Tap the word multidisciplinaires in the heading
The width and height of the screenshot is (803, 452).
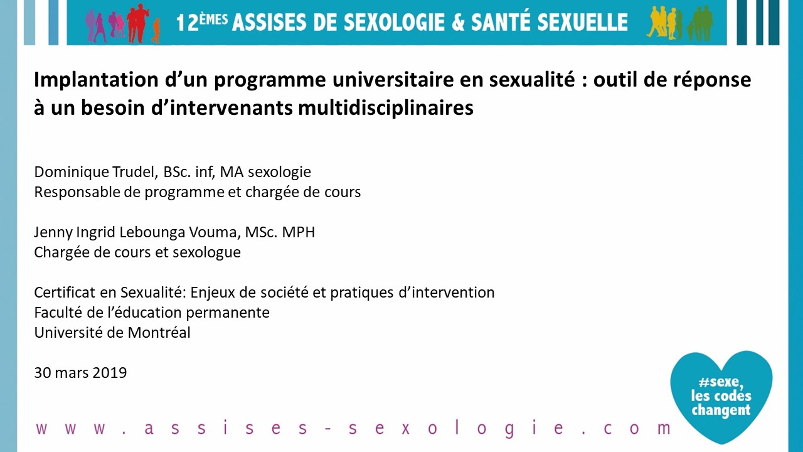point(386,107)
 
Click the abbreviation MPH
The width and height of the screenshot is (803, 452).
point(298,232)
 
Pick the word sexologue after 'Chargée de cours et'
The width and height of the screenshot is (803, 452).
point(207,252)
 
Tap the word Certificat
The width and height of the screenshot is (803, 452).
point(65,293)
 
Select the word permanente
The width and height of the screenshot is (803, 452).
point(228,313)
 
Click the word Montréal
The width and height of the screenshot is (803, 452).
point(159,333)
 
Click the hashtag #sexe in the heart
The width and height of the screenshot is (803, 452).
point(721,382)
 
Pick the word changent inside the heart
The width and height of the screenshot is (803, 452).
point(721,410)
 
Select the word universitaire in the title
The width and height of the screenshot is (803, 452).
point(408,79)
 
